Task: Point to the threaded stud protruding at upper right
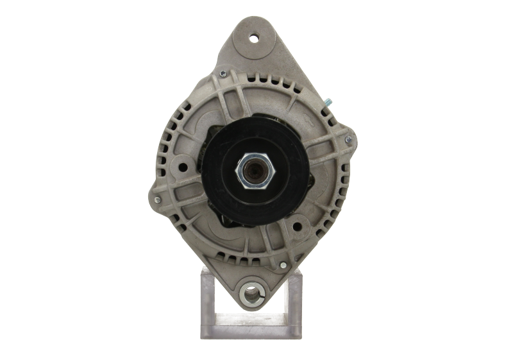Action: pos(328,101)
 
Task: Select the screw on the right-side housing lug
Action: pos(350,138)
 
